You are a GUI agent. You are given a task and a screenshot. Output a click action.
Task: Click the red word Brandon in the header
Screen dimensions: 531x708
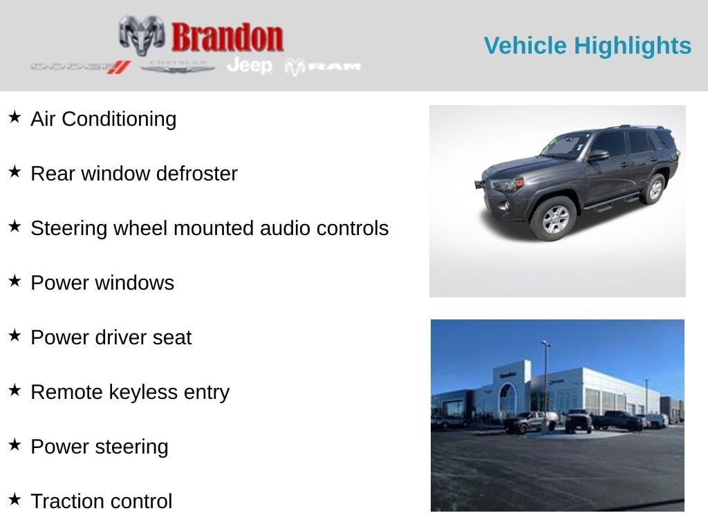pyautogui.click(x=227, y=37)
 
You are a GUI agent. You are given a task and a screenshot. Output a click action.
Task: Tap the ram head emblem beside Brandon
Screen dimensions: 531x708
pyautogui.click(x=142, y=35)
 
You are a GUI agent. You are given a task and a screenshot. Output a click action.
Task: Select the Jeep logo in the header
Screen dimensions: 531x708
pyautogui.click(x=250, y=66)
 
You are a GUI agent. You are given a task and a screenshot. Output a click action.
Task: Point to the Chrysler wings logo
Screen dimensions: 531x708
pyautogui.click(x=178, y=66)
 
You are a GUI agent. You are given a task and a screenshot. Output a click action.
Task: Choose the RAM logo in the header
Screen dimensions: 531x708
pyautogui.click(x=323, y=66)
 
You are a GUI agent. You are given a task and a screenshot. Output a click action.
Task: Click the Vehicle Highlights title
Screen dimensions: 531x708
pyautogui.click(x=587, y=46)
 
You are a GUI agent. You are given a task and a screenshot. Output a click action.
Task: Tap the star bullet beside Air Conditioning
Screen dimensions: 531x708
pyautogui.click(x=15, y=118)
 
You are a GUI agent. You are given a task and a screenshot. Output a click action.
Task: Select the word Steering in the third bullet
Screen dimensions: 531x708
pyautogui.click(x=69, y=228)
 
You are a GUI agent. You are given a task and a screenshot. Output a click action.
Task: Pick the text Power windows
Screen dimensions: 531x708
pyautogui.click(x=102, y=283)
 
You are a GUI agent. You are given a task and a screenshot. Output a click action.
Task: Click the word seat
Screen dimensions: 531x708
pyautogui.click(x=173, y=337)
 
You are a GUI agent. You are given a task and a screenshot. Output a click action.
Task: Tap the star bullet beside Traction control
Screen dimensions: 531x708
pyautogui.click(x=15, y=500)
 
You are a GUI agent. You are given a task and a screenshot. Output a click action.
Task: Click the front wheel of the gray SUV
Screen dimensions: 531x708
pyautogui.click(x=553, y=218)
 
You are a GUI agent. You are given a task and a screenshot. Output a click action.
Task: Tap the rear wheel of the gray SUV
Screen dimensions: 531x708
pyautogui.click(x=653, y=189)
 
